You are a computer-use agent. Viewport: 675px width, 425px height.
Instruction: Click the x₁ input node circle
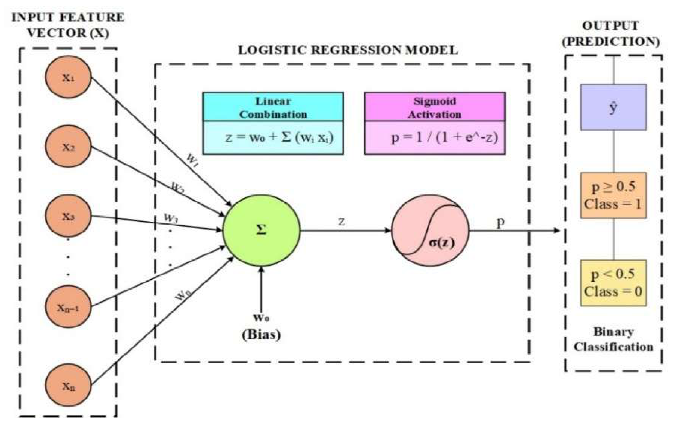coord(68,77)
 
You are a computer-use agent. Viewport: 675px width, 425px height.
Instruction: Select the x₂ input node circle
coord(68,147)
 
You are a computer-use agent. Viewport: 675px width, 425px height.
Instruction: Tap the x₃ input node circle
coord(68,216)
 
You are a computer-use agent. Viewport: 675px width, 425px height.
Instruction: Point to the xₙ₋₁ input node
coord(68,307)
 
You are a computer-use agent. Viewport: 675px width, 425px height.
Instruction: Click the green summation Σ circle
coord(261,230)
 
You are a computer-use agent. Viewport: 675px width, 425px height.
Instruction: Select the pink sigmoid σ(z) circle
coord(430,230)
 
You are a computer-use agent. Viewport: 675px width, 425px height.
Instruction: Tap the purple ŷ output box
coord(613,107)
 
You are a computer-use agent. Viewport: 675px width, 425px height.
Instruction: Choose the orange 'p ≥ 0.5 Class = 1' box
coord(613,195)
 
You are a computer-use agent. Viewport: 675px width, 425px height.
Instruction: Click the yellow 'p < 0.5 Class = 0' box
coord(613,283)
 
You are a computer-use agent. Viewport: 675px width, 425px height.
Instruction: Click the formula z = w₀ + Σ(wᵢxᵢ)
coord(279,137)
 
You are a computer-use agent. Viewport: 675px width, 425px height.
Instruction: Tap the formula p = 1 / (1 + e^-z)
coord(444,138)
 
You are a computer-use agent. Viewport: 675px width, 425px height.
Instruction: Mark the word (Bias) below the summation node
coord(261,334)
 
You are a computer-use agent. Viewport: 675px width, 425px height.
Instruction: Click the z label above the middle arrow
coord(341,221)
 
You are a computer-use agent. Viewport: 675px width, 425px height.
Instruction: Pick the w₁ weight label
coord(192,161)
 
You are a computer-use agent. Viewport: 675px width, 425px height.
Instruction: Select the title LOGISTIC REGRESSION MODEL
coord(348,50)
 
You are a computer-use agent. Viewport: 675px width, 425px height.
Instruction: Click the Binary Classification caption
coord(613,339)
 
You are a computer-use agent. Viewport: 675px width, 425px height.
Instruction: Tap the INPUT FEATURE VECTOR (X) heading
coord(68,25)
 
